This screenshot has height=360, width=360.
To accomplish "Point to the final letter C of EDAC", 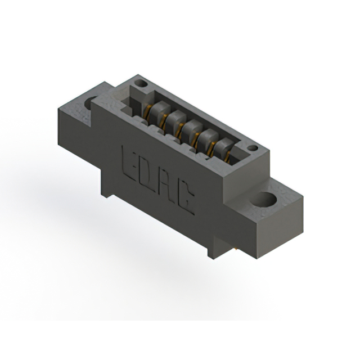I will click(187, 202).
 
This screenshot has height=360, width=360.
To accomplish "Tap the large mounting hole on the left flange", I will click(91, 103).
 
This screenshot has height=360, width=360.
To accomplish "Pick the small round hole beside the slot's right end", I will click(252, 149).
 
